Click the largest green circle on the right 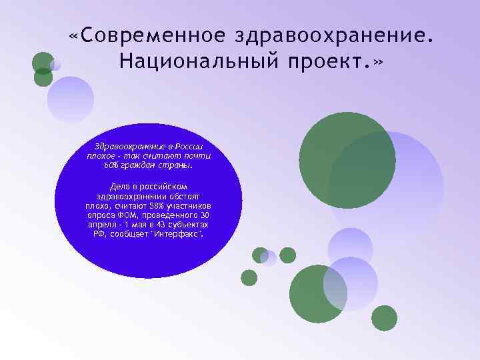coord(347,161)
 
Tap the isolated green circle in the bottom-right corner coord(384,318)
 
